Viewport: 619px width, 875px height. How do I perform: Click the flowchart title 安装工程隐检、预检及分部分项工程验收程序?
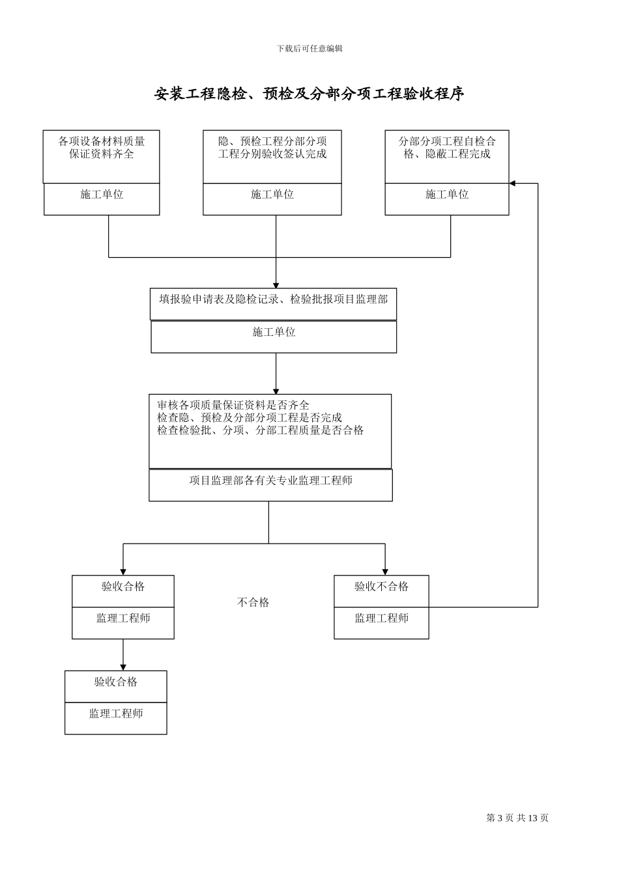point(309,94)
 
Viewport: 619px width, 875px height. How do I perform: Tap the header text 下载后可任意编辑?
point(309,48)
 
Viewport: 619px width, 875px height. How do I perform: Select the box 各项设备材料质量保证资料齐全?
point(102,148)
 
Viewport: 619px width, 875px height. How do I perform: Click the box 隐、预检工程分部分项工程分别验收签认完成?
point(272,148)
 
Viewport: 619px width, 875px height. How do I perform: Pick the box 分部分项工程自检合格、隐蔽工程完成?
point(447,148)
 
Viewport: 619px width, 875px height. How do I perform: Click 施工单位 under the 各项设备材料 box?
point(102,195)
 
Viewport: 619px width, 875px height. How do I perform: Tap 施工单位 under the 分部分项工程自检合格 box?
point(447,195)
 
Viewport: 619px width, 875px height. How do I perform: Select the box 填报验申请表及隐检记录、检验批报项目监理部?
point(273,299)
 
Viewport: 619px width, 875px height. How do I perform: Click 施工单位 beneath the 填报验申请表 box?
point(274,333)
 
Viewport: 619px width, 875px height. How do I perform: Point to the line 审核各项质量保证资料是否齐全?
point(233,406)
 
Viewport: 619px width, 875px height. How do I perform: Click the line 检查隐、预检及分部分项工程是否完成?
point(250,418)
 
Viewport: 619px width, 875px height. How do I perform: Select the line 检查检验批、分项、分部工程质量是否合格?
point(261,430)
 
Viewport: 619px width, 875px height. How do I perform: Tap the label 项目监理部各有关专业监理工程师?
point(270,481)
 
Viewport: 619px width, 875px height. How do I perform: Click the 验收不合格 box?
point(381,587)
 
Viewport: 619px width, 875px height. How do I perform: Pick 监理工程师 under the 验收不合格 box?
point(381,618)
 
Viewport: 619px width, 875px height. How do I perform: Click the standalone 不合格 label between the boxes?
point(253,603)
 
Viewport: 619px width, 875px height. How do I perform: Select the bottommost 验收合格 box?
point(116,682)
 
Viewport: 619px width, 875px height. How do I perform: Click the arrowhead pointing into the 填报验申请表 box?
point(276,285)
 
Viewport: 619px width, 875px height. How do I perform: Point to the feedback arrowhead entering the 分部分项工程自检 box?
point(513,184)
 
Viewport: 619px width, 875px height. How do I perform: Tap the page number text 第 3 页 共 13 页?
point(517,818)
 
